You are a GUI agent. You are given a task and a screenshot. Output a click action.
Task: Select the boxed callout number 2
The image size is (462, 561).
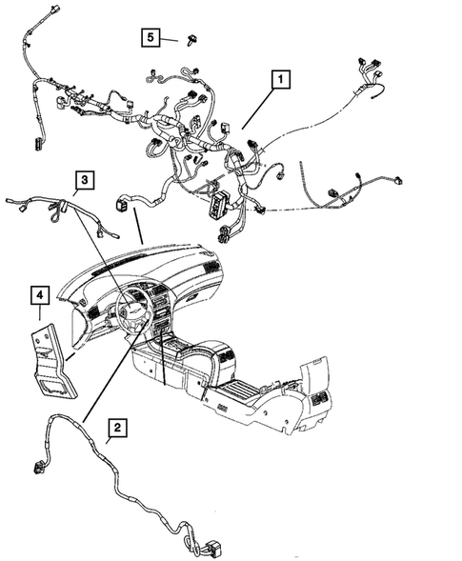pos(114,430)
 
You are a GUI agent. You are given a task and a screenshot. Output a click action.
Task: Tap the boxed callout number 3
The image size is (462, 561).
pos(85,179)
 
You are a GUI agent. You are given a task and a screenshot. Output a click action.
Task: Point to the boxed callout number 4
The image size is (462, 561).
pos(39,295)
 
